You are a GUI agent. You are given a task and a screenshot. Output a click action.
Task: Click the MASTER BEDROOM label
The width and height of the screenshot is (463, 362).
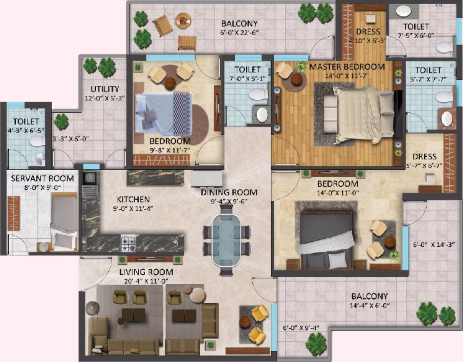[347, 67]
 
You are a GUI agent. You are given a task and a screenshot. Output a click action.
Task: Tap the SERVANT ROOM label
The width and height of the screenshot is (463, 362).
[42, 179]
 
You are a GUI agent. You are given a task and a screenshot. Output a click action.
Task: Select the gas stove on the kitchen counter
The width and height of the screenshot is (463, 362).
[128, 243]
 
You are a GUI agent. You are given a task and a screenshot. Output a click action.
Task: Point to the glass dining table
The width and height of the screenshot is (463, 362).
[226, 240]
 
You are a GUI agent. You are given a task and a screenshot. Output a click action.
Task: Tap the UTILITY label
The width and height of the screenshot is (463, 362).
[105, 89]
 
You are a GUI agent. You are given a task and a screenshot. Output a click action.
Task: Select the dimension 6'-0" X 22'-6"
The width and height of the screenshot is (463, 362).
[239, 32]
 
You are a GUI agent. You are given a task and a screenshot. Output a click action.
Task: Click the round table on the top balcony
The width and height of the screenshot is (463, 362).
[183, 21]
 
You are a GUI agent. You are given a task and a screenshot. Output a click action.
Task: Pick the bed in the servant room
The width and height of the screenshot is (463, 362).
[64, 221]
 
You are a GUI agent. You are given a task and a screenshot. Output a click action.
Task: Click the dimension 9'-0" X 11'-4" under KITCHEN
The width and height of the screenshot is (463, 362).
[133, 208]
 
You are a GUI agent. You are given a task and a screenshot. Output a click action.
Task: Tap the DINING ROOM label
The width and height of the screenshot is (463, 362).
[229, 192]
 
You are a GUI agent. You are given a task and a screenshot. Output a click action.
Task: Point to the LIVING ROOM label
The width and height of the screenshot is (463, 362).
[146, 272]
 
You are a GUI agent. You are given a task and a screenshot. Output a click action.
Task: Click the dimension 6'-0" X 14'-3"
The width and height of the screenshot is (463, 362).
[433, 245]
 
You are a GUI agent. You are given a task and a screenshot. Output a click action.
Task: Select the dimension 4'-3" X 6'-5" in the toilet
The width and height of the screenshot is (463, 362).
[26, 130]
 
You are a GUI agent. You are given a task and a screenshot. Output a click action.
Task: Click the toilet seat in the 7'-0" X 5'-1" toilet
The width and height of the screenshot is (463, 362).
[258, 95]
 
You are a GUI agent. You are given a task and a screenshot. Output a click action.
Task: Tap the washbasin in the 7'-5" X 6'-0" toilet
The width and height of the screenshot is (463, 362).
[403, 11]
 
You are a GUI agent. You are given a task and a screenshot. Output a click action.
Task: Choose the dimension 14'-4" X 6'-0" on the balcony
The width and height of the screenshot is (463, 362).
[369, 306]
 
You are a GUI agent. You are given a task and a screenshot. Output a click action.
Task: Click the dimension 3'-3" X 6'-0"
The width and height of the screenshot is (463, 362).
[70, 139]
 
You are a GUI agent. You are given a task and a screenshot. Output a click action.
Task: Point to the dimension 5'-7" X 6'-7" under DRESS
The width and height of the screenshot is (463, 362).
[424, 166]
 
